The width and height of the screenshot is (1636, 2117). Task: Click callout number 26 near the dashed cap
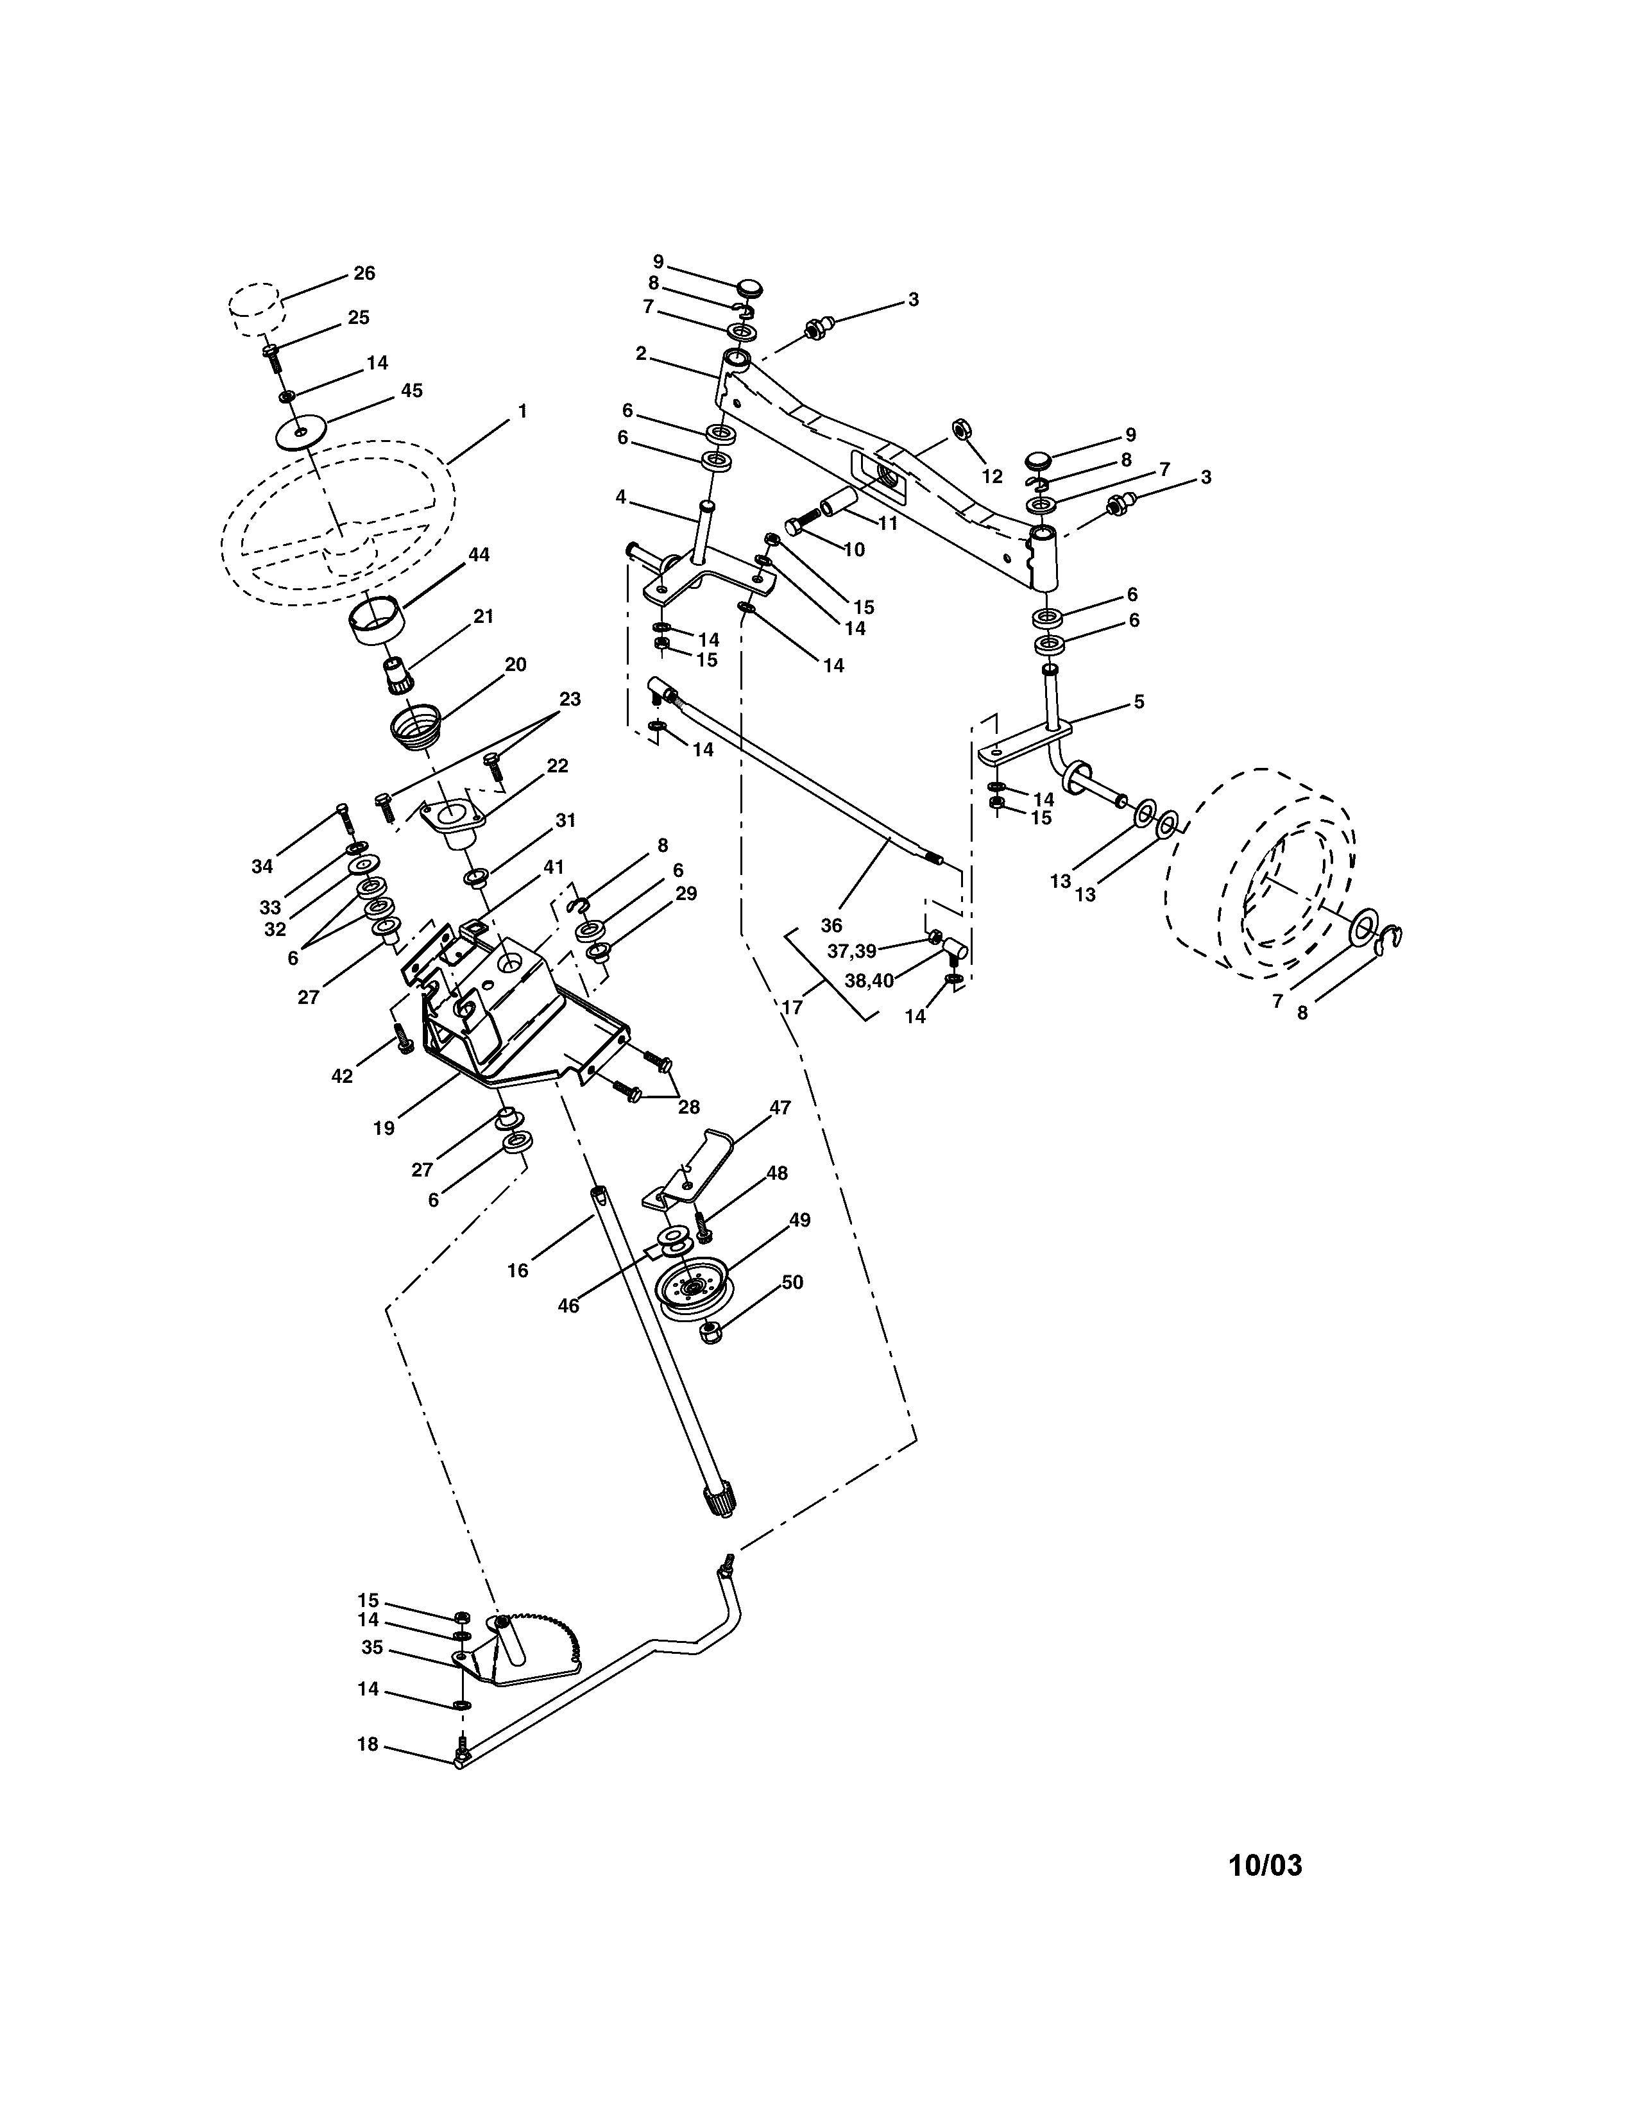pos(363,273)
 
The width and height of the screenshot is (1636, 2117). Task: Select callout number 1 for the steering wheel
pos(522,411)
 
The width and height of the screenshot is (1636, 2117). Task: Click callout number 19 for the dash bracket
pos(384,1127)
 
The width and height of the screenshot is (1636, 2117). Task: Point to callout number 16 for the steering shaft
pos(518,1270)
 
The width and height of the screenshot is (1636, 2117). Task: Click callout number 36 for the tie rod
pos(831,924)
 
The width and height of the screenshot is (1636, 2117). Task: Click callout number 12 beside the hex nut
pos(991,476)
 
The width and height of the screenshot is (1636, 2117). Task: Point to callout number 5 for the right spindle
pos(1139,701)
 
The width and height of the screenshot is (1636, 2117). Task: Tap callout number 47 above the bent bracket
pos(780,1108)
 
